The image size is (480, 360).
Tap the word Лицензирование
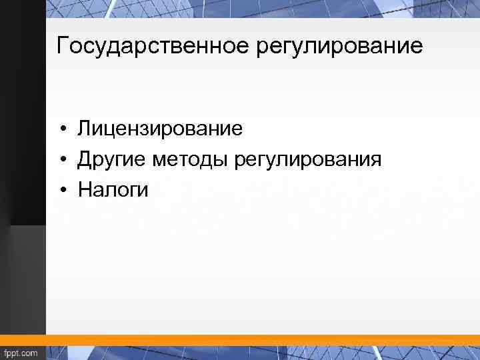160,128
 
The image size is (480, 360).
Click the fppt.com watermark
21,353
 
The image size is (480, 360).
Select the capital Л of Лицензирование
84,128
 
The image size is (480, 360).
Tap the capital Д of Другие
85,160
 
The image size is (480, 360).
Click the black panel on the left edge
23,100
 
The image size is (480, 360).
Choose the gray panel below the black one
23,280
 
